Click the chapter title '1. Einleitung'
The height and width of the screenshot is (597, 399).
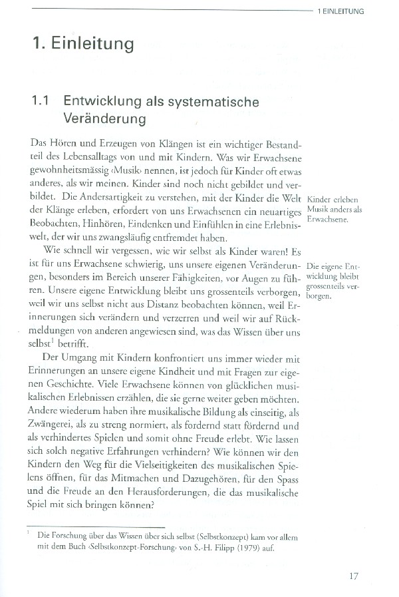pyautogui.click(x=83, y=45)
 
